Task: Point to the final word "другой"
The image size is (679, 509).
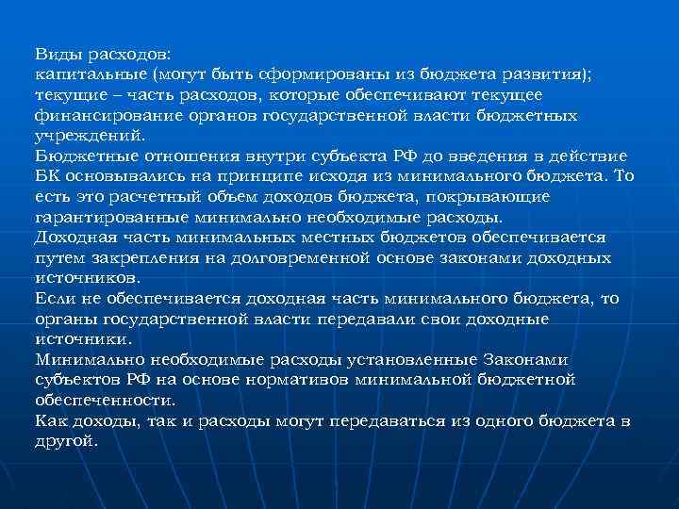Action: click(x=65, y=440)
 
